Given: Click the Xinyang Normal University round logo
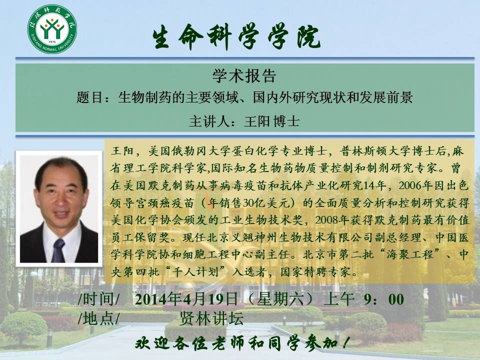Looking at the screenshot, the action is point(52,29).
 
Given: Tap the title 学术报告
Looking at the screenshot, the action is point(244,75).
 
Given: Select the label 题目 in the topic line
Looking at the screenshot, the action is point(89,97).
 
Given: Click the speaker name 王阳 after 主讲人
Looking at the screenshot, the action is point(257,121).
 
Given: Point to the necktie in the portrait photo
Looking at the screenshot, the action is point(58,250).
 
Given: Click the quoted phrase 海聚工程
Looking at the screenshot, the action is point(410,254).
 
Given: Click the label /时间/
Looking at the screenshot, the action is point(99,299).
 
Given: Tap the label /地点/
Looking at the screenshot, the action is point(99,318).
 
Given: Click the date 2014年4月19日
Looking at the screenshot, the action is point(186,299).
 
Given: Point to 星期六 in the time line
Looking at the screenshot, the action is point(280,299).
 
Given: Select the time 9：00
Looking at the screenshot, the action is point(384,299).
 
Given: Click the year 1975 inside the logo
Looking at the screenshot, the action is point(52,41).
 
